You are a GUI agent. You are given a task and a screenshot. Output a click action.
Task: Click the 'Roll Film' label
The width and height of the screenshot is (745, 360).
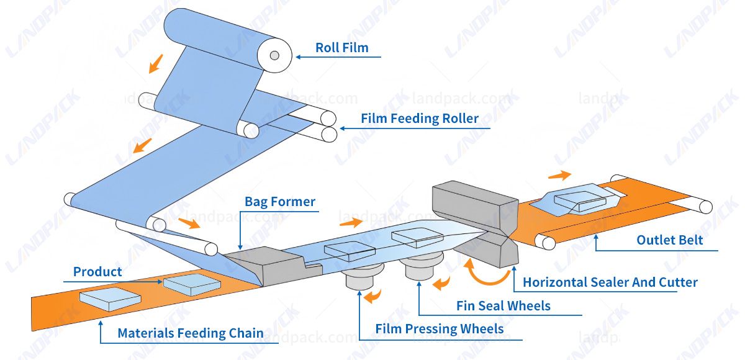[x=341, y=48]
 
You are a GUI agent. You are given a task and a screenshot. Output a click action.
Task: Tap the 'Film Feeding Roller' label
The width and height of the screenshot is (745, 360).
[x=420, y=118]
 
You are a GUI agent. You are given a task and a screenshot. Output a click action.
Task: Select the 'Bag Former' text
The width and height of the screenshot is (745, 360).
[x=280, y=202]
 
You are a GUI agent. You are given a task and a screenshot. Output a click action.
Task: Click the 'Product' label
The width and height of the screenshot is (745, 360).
[x=97, y=272]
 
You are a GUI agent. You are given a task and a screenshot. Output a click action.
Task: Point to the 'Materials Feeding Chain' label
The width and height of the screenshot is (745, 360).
[x=191, y=333]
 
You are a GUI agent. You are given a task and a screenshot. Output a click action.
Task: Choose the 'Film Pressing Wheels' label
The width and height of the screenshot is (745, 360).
[x=440, y=328]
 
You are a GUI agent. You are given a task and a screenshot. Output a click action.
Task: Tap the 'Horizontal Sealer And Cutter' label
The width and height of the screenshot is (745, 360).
[x=610, y=282]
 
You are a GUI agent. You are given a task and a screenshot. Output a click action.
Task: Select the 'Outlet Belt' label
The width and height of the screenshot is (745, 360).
[x=670, y=240]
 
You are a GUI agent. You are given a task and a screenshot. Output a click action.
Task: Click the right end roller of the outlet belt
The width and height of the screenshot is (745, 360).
[x=705, y=206]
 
